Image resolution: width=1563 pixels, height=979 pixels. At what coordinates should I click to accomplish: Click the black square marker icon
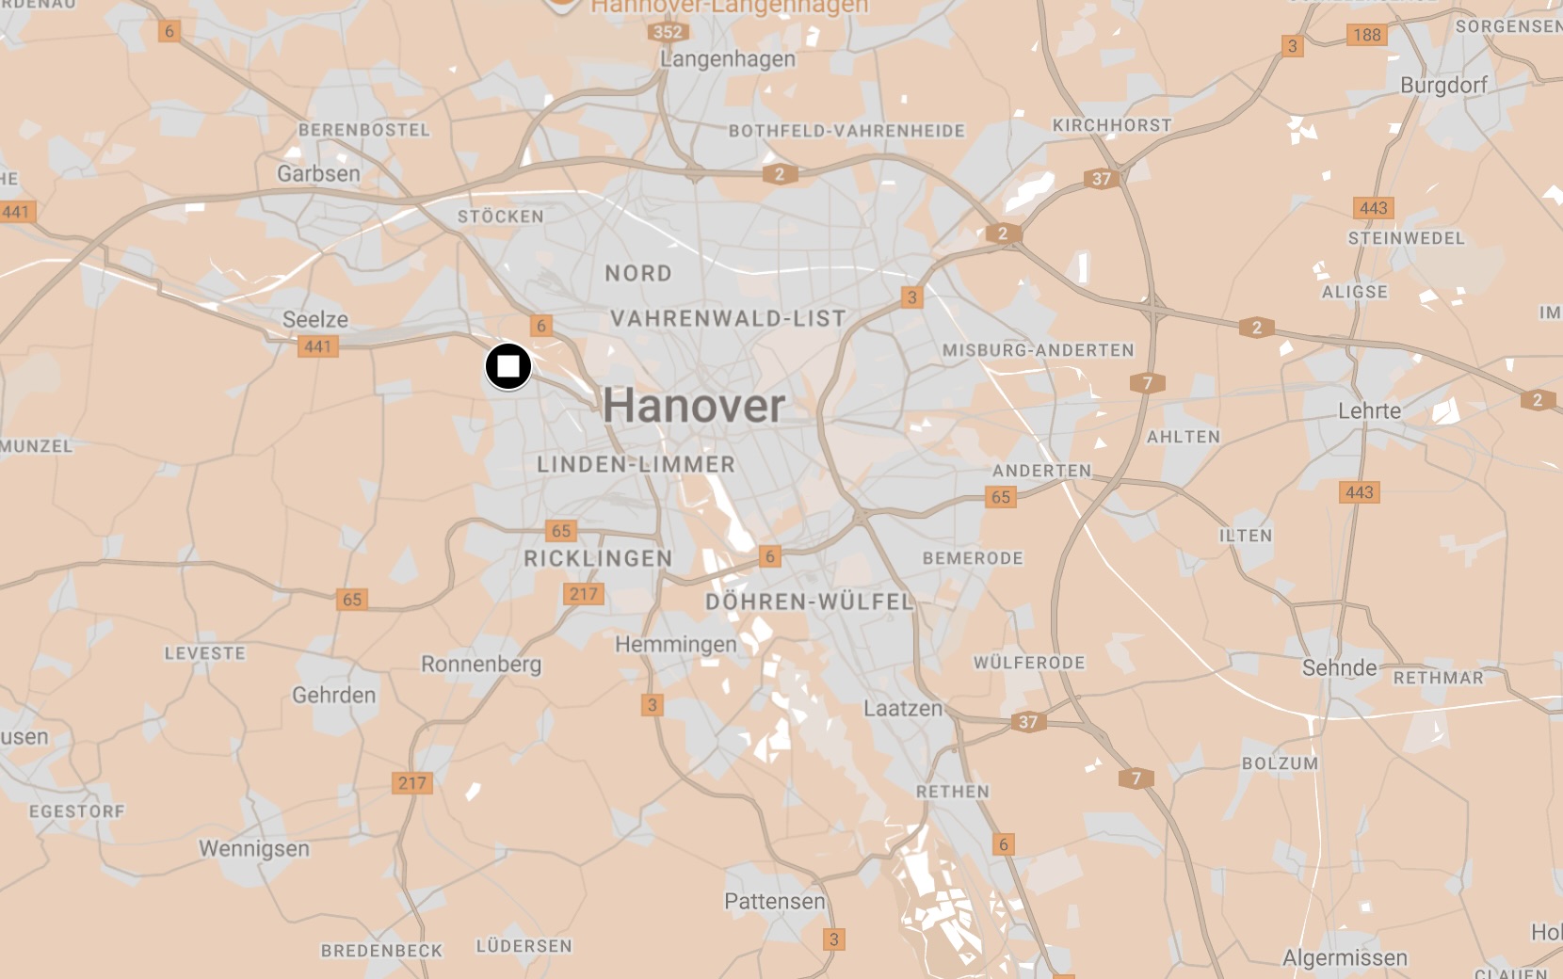(x=508, y=366)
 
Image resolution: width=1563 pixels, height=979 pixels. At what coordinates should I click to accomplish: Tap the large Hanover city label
(x=694, y=406)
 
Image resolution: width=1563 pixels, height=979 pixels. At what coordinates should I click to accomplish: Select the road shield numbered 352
(x=668, y=32)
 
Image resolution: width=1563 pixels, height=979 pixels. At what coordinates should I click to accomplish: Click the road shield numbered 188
(x=1366, y=35)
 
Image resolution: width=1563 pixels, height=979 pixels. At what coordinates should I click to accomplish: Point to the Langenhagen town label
(x=727, y=59)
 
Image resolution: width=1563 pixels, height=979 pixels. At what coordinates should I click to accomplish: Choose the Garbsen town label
(x=318, y=174)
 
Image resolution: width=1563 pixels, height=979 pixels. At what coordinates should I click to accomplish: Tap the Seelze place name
(x=315, y=319)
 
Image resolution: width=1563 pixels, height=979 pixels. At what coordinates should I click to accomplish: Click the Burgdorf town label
(x=1443, y=86)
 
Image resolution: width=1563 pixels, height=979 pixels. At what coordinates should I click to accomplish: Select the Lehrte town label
(x=1369, y=410)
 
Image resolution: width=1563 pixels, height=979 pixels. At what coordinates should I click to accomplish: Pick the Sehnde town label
(x=1339, y=668)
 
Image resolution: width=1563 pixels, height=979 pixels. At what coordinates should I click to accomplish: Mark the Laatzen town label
(x=903, y=708)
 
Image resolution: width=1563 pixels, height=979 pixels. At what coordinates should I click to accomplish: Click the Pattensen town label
(x=774, y=902)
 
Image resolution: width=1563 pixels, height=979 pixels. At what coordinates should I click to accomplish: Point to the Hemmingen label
(x=676, y=645)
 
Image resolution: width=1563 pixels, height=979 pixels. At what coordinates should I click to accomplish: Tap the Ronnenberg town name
(x=481, y=665)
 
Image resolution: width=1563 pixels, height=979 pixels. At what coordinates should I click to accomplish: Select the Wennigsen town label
(x=254, y=849)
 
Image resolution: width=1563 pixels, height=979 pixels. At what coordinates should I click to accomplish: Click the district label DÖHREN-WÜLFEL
(x=810, y=602)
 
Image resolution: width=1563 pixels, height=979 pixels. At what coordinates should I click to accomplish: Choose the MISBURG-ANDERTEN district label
(x=1039, y=350)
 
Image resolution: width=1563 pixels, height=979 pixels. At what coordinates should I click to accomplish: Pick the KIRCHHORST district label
(x=1112, y=125)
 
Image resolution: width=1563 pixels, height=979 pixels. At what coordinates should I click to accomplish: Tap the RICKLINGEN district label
(x=598, y=559)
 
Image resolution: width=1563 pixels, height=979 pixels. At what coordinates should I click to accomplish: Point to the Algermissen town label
(x=1345, y=958)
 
